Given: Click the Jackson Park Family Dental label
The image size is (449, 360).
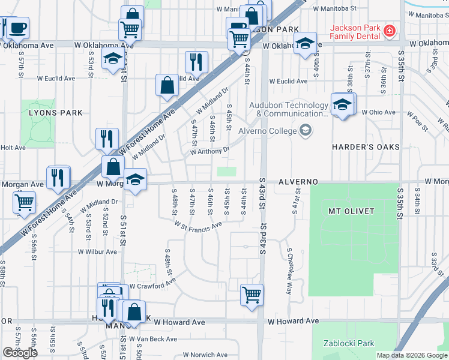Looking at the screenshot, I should coord(354,32).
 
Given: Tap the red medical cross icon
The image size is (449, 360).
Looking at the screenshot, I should coord(390,30).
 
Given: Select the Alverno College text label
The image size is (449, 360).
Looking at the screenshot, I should coord(268,131).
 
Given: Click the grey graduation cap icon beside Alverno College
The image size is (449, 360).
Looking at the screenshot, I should coord(306,131).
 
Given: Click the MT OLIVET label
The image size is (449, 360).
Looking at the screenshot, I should coord(351,211).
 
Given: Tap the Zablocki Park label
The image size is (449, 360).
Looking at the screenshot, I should coord(348,344).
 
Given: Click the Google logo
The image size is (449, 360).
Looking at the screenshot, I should coord(20,353).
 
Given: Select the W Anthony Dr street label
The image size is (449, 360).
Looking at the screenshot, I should coord(210,151).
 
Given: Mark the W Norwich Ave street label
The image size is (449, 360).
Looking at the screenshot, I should coord(205,355).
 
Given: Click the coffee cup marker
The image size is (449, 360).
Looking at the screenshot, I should coord(17,27).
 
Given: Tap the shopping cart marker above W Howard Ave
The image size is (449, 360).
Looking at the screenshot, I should coord(252,294).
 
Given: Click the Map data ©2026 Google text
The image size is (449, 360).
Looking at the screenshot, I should coord(411,355).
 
